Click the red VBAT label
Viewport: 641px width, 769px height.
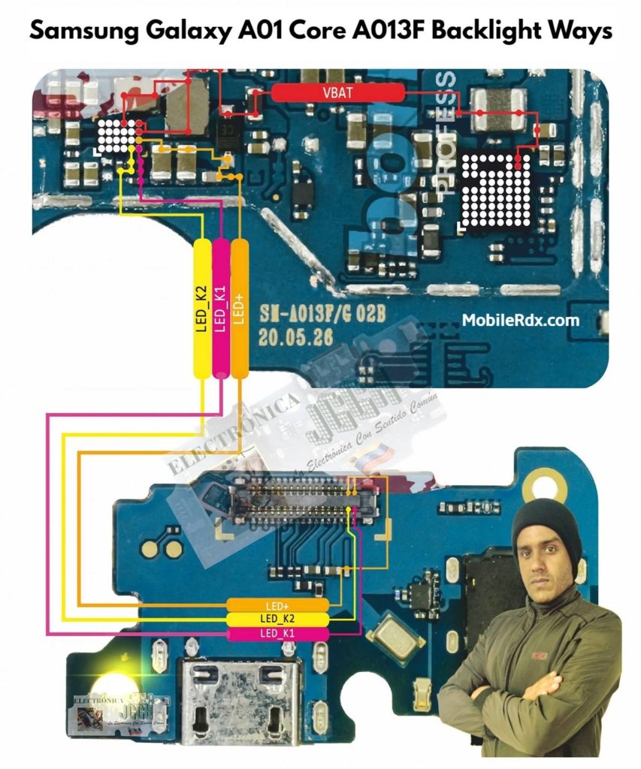337,93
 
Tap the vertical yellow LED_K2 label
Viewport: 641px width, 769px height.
202,308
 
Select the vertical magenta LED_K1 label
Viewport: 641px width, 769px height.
220,308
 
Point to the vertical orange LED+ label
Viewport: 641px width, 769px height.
239,308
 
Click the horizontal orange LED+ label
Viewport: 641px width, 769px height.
278,605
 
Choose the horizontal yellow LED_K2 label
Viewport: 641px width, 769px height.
278,619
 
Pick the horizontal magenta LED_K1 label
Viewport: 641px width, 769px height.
278,635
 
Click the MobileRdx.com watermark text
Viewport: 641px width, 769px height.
520,321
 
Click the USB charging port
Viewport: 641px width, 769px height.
239,695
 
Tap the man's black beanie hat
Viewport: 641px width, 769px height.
546,524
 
